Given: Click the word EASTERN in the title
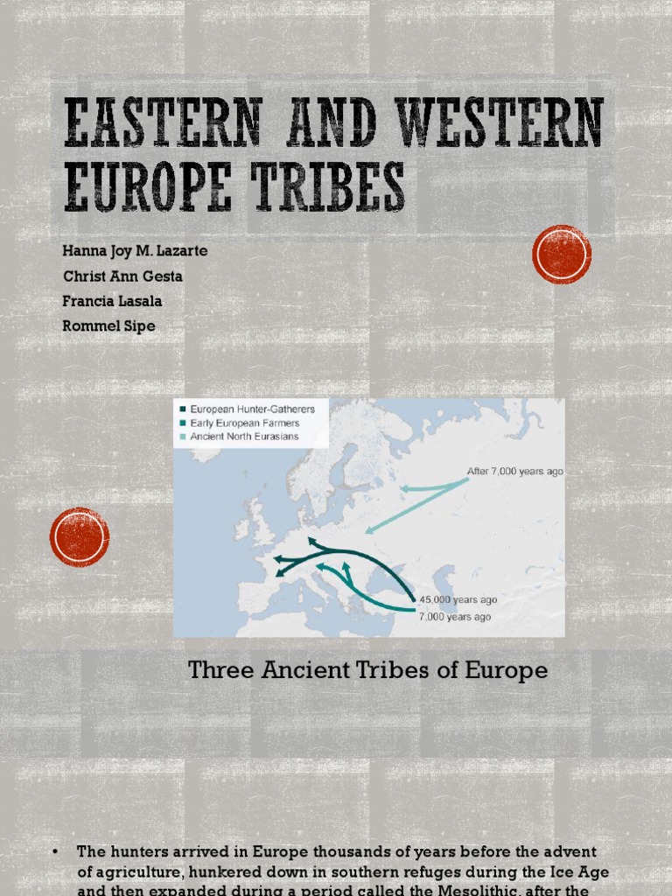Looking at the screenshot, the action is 162,122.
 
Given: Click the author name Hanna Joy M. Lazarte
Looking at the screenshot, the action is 135,251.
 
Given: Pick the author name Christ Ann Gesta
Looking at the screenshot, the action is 122,276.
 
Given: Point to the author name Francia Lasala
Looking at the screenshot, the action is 112,301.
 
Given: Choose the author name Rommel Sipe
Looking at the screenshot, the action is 108,326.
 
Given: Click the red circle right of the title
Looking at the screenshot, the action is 562,255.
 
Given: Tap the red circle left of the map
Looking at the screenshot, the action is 80,536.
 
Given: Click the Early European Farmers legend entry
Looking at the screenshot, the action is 244,423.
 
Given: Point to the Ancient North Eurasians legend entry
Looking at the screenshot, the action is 244,437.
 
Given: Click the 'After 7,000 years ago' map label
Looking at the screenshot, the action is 514,472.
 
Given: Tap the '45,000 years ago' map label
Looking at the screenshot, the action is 458,600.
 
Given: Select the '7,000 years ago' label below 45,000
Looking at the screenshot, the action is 455,617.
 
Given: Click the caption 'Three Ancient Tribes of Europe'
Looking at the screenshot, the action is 368,671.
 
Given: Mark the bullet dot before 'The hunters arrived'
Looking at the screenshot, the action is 55,850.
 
